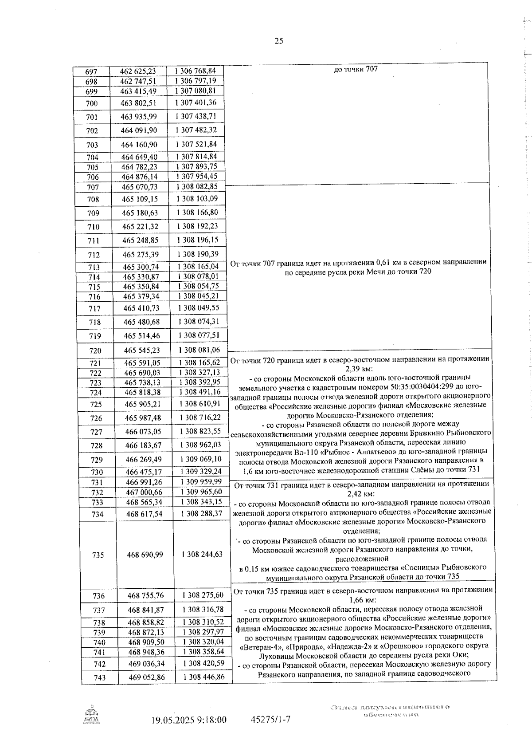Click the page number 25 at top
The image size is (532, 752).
[x=279, y=41]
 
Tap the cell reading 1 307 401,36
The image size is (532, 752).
[x=196, y=102]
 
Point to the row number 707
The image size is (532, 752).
[x=93, y=188]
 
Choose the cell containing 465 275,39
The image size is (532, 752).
[x=140, y=255]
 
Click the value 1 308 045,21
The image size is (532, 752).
[x=198, y=296]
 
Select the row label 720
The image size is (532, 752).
[x=95, y=350]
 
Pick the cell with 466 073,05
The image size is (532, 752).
[x=143, y=431]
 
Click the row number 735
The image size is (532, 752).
[x=98, y=555]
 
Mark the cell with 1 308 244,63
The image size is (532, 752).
[x=202, y=554]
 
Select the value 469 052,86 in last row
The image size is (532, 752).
[x=147, y=677]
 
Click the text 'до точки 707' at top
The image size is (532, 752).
[x=356, y=69]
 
